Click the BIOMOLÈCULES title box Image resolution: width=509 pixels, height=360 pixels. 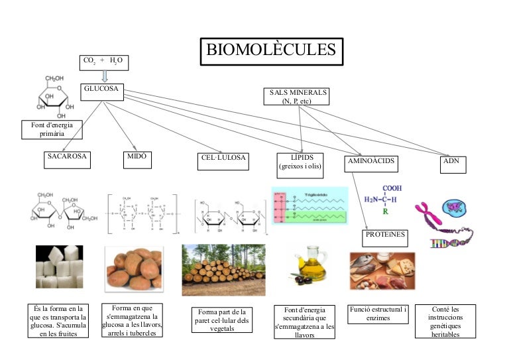click(271, 50)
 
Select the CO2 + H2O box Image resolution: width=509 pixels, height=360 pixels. click(103, 62)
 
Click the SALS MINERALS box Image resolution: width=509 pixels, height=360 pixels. click(299, 96)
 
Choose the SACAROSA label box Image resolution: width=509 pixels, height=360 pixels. click(67, 158)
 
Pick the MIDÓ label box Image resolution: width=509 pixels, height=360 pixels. click(136, 158)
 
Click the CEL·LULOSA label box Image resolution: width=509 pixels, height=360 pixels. click(224, 159)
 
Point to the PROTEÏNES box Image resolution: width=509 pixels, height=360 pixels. click(385, 235)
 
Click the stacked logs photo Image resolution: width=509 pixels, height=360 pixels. click(223, 269)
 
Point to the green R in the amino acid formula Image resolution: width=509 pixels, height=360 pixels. click(384, 214)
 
